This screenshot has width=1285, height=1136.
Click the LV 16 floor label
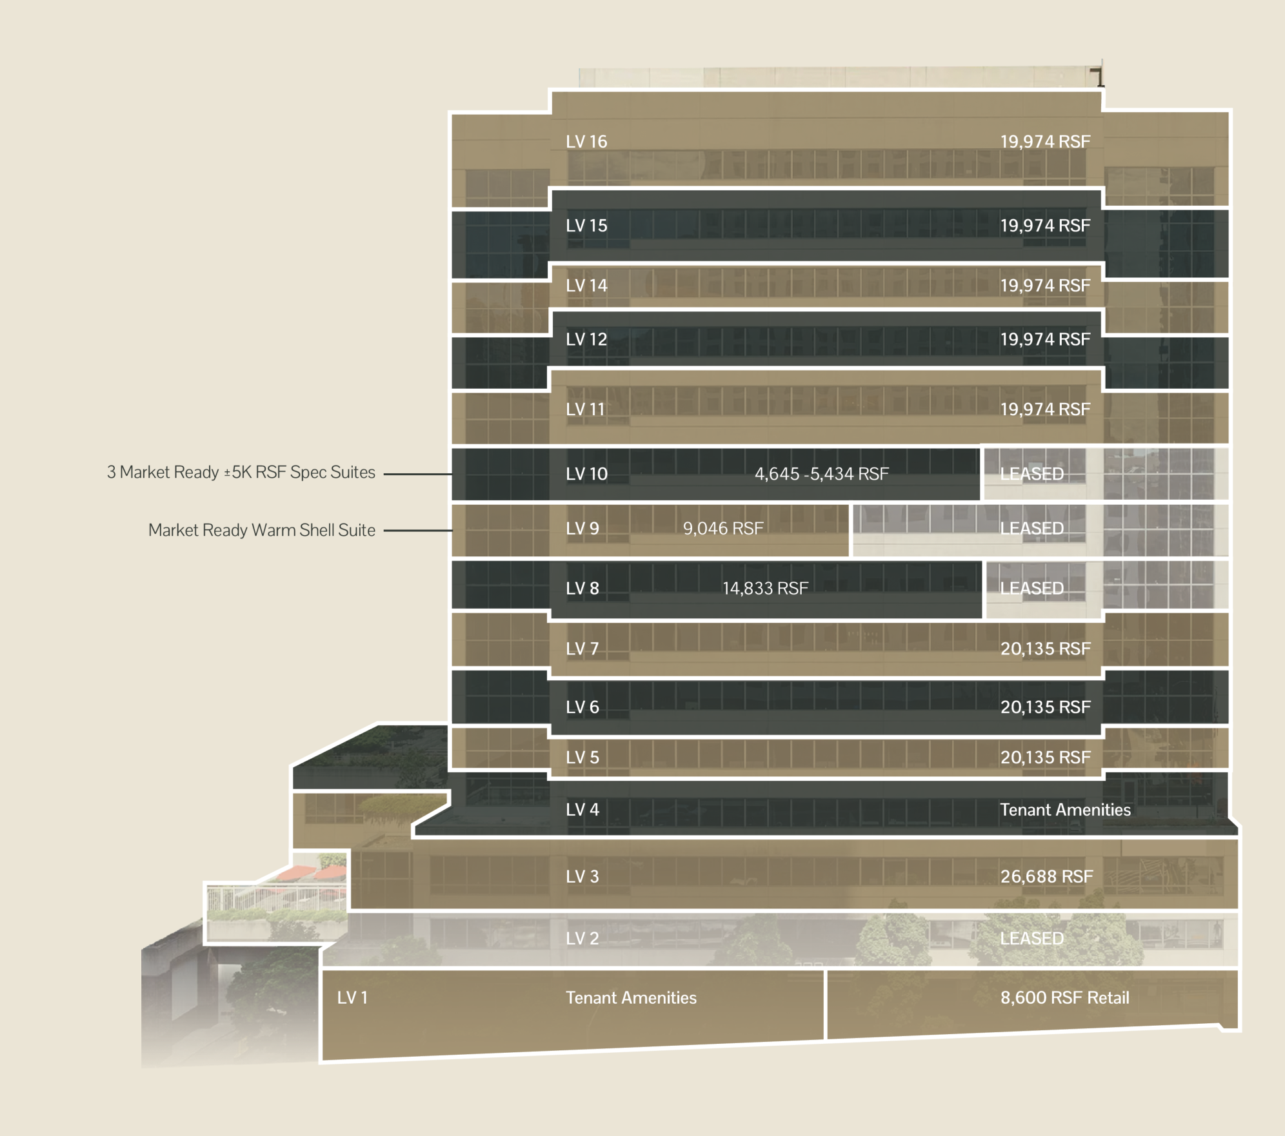586,142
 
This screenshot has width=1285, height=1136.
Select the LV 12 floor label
586,339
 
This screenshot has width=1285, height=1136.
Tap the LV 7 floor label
582,649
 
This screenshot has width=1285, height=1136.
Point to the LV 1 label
352,997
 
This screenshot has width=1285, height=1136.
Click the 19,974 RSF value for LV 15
1045,226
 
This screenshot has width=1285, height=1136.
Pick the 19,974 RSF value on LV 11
1045,409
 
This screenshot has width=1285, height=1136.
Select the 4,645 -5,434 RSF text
821,474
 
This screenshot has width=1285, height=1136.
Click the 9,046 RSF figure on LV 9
723,529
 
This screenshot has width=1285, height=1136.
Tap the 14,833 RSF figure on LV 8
765,588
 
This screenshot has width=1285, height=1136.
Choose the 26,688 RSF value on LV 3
1046,876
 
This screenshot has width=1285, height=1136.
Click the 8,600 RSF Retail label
1064,997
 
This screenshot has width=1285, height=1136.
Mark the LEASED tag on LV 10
1031,474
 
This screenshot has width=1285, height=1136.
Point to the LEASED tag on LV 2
1031,938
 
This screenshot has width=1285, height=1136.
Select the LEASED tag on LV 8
1031,588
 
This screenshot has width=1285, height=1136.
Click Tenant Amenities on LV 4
1065,810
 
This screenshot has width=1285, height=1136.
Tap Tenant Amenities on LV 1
631,997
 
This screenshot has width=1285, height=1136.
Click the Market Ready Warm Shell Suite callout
261,530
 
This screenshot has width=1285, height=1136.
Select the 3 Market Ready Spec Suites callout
241,472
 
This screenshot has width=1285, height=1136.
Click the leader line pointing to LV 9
417,531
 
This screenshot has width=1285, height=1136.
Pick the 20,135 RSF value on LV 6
1045,707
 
